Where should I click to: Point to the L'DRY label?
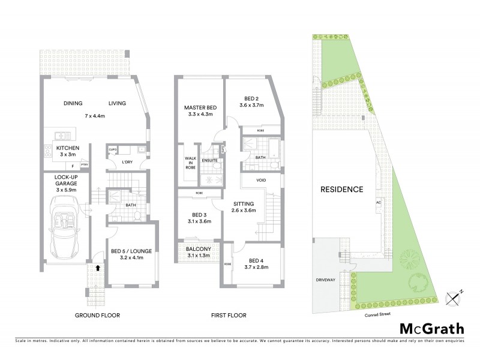[128, 162]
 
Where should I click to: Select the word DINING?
[73, 103]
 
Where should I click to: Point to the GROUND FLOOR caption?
[97, 315]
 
